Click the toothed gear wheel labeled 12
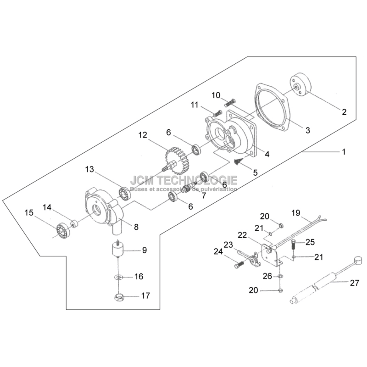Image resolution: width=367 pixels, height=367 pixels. (x=178, y=161)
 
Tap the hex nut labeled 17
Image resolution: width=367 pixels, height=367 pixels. (x=119, y=297)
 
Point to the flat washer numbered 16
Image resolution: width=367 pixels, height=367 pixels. (x=118, y=277)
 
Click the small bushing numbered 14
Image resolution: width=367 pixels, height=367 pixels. (x=75, y=223)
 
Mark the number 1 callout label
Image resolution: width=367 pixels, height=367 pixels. (x=344, y=152)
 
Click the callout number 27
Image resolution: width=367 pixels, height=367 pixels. (x=354, y=283)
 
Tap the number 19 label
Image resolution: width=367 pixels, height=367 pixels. (x=296, y=213)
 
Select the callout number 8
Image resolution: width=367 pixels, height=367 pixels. (x=136, y=227)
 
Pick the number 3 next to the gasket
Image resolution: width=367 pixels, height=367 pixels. (x=308, y=130)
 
